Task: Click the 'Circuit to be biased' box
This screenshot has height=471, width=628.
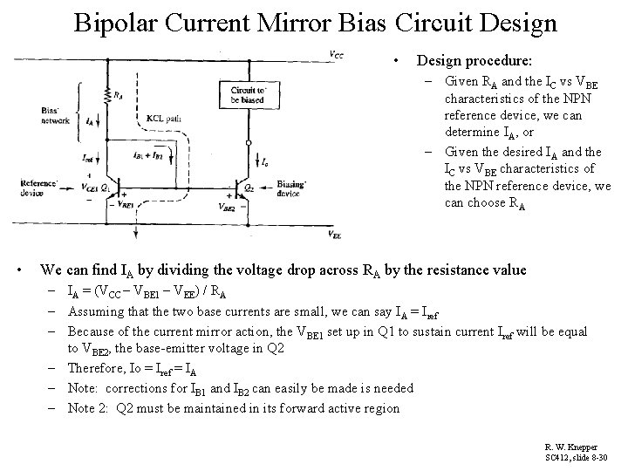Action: pyautogui.click(x=249, y=95)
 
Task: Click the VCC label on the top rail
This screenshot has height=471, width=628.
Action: pyautogui.click(x=337, y=55)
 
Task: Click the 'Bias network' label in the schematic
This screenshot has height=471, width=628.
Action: pyautogui.click(x=55, y=115)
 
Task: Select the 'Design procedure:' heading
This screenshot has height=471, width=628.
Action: pyautogui.click(x=474, y=61)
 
